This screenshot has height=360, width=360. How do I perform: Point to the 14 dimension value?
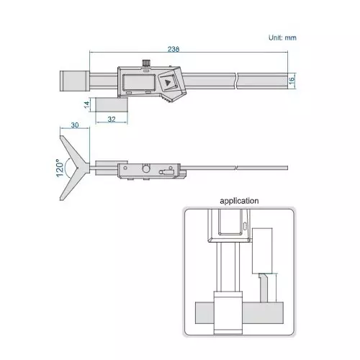click(x=86, y=105)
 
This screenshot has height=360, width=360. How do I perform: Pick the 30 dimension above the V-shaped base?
click(x=75, y=126)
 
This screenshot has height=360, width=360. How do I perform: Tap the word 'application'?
click(x=239, y=201)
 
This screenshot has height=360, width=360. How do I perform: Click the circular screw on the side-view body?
click(x=147, y=168)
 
